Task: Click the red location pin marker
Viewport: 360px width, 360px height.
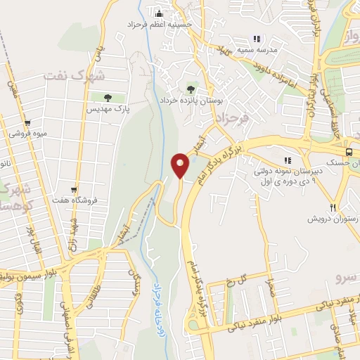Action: point(180,165)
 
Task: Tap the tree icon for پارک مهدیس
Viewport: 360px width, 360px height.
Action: point(108,98)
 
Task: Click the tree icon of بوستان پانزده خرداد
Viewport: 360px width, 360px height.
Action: point(190,89)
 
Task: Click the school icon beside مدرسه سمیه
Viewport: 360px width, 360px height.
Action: point(257,39)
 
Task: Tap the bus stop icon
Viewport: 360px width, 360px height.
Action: point(349,152)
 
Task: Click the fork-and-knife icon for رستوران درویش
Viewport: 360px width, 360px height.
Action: point(333,207)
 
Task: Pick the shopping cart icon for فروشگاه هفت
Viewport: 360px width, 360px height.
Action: point(74,188)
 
